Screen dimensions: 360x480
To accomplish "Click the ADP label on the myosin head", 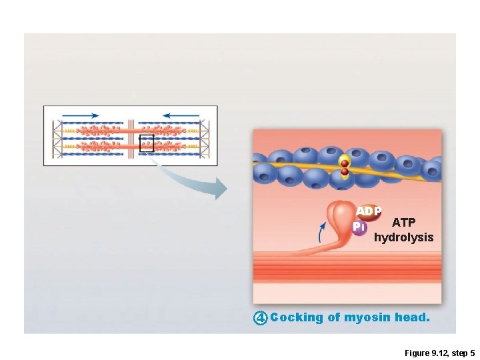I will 369,211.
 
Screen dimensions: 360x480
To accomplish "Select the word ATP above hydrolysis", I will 403,223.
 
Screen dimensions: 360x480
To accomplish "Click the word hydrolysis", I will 403,237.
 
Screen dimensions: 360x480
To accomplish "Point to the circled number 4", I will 261,318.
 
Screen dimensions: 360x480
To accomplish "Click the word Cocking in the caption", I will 297,318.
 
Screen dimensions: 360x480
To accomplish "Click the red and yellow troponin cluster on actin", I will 344,167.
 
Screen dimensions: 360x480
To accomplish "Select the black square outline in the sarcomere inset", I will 147,143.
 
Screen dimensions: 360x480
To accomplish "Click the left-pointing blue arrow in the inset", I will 180,115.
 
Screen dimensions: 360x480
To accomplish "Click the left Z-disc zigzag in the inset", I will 58,137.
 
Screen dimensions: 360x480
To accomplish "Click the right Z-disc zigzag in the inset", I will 204,137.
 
